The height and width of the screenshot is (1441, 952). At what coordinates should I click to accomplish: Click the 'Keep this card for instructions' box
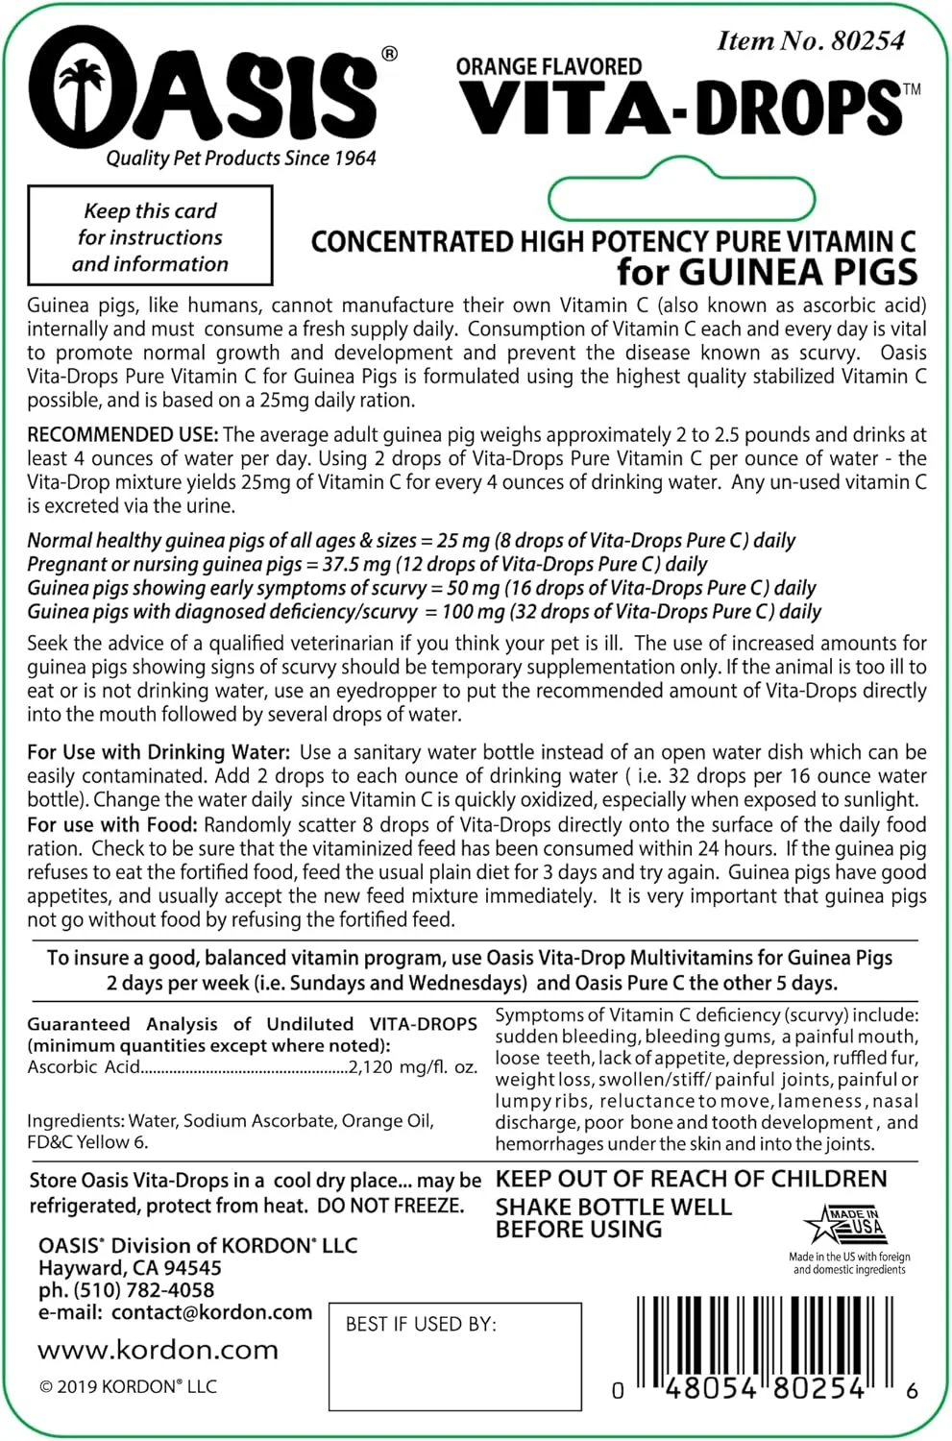(150, 236)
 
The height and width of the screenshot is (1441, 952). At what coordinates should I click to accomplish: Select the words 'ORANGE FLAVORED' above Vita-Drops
(549, 66)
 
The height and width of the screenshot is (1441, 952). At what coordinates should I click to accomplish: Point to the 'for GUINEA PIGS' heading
(767, 272)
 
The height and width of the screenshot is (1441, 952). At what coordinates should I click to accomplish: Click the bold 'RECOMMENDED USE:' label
(123, 435)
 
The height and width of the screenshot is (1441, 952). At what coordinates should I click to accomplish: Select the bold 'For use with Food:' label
(112, 824)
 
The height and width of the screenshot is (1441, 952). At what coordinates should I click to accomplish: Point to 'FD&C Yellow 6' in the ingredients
(87, 1142)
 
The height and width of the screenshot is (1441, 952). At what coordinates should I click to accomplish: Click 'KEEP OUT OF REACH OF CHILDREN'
(691, 1179)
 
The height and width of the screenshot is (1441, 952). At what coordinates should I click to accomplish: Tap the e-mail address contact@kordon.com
(211, 1312)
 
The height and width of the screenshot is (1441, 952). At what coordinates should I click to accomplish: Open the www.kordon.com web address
(158, 1350)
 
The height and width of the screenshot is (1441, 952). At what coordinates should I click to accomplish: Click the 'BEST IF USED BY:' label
(421, 1324)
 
